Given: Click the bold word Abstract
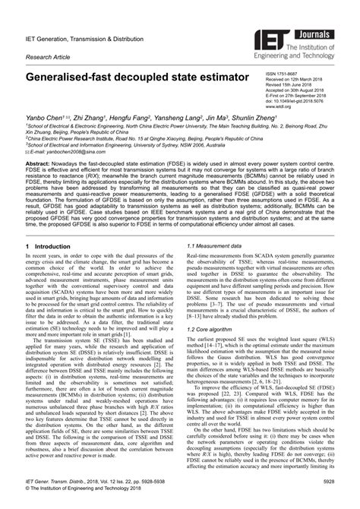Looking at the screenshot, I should pyautogui.click(x=39, y=164).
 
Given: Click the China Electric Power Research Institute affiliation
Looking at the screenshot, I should pyautogui.click(x=152, y=140).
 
